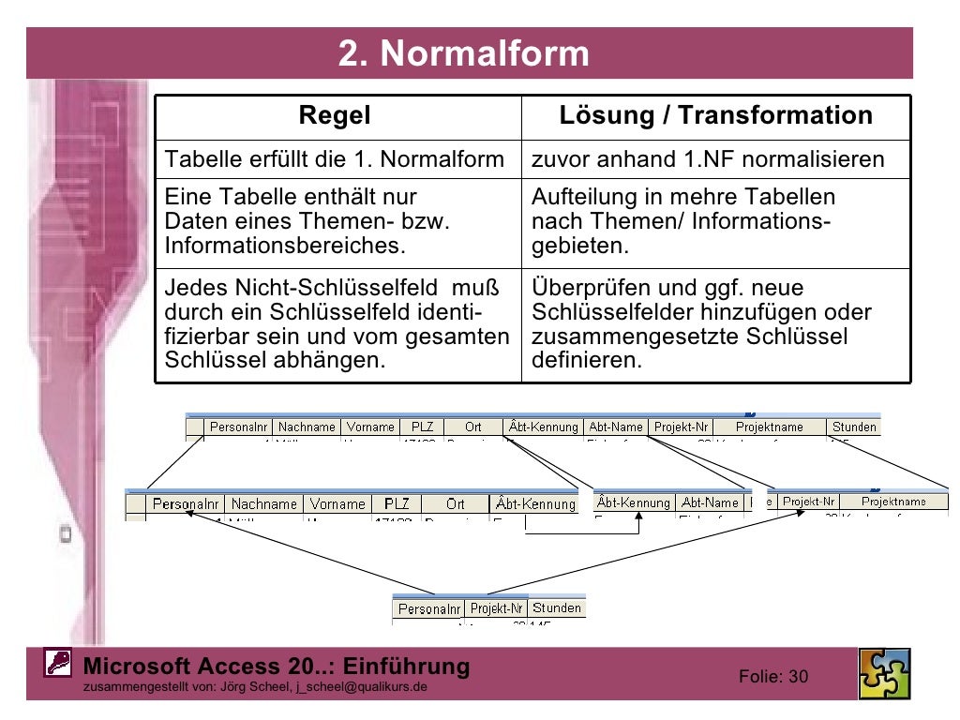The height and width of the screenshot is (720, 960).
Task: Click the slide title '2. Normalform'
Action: pyautogui.click(x=464, y=53)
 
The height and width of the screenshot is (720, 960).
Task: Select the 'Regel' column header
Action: pyautogui.click(x=335, y=116)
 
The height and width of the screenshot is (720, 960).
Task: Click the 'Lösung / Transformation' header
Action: pyautogui.click(x=715, y=116)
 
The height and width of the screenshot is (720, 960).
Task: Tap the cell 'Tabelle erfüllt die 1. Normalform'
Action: pyautogui.click(x=335, y=159)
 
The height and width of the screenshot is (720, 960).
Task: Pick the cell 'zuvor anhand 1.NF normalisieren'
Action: pyautogui.click(x=708, y=159)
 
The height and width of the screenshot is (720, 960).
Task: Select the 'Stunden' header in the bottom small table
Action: pyautogui.click(x=557, y=608)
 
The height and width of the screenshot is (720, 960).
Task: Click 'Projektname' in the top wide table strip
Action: pyautogui.click(x=769, y=427)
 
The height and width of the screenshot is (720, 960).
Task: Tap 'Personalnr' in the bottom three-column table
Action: pyautogui.click(x=428, y=609)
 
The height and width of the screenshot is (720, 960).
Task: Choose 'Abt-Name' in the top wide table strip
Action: pyautogui.click(x=615, y=427)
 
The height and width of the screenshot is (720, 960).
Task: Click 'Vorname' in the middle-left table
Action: pyautogui.click(x=337, y=504)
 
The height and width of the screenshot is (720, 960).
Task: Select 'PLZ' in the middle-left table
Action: pyautogui.click(x=397, y=504)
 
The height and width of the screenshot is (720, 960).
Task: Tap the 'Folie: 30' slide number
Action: pyautogui.click(x=773, y=677)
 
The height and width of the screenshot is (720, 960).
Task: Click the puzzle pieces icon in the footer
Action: pyautogui.click(x=884, y=674)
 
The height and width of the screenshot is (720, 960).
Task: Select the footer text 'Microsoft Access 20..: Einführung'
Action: pyautogui.click(x=277, y=667)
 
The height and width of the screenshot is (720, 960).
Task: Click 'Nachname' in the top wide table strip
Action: pyautogui.click(x=307, y=427)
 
